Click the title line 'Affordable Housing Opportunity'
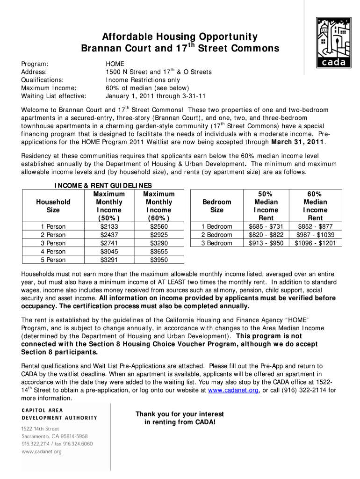point(180,37)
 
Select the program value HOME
point(115,64)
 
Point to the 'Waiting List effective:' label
point(54,96)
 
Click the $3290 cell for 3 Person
point(159,243)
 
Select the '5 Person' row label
point(53,260)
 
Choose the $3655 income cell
point(159,252)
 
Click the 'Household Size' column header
point(53,206)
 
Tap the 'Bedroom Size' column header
point(216,206)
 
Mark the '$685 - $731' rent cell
point(266,226)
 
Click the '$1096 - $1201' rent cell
point(315,243)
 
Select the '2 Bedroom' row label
point(216,235)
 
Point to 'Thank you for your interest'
point(180,414)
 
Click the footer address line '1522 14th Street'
point(40,429)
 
